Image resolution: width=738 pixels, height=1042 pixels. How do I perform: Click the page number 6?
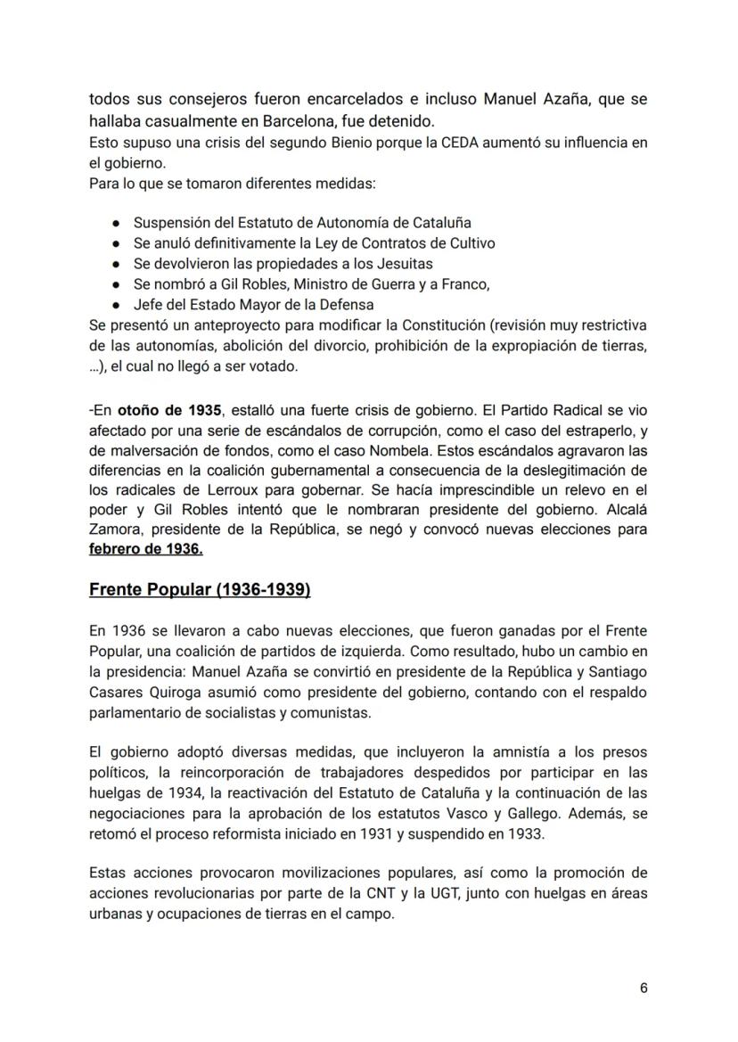(x=644, y=988)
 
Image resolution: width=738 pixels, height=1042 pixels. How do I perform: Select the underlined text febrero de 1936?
(x=146, y=549)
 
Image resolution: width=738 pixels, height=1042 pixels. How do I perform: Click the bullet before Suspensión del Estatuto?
(x=117, y=223)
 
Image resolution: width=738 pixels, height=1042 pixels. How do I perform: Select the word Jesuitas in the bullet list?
(x=400, y=263)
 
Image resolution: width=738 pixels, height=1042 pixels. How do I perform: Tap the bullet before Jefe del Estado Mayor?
(x=117, y=304)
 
